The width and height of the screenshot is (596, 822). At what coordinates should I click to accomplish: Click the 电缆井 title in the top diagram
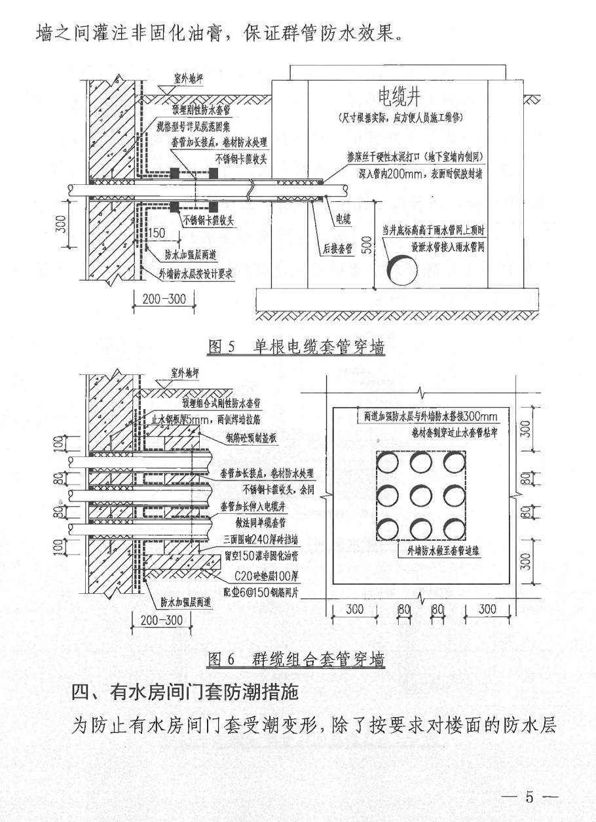(398, 98)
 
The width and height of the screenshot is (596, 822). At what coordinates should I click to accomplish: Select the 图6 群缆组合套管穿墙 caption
(296, 657)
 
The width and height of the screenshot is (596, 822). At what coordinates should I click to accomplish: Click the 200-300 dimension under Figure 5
(159, 300)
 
